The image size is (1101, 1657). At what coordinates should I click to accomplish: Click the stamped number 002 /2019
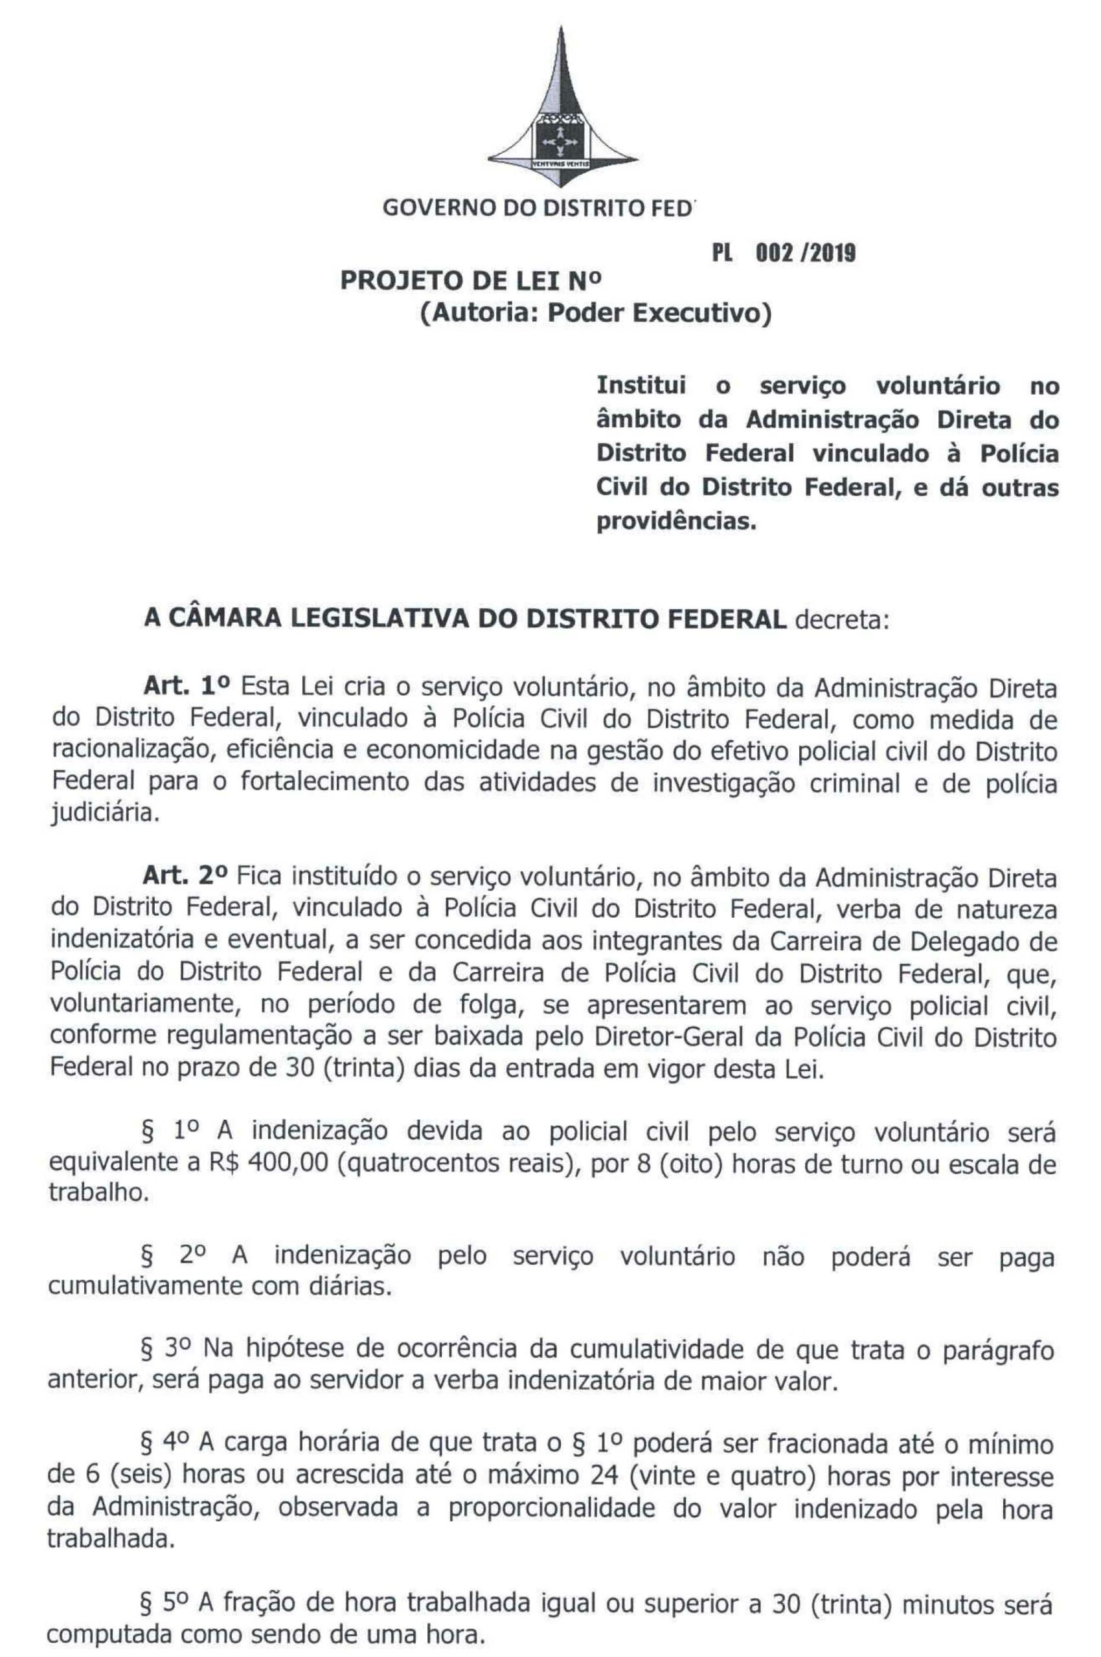tap(804, 253)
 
